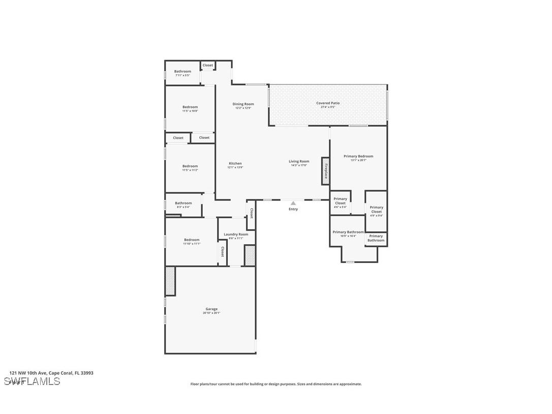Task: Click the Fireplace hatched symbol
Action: (325, 171)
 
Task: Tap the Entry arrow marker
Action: (293, 203)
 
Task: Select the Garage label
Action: (211, 309)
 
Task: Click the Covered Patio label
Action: (328, 103)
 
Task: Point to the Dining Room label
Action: (243, 104)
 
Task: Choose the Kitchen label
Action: (235, 164)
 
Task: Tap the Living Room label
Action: (299, 162)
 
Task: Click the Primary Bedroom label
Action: (358, 157)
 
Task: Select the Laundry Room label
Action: (236, 234)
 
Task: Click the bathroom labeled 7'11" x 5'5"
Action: (182, 75)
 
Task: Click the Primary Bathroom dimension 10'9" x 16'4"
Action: (348, 236)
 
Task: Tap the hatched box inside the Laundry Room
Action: (250, 255)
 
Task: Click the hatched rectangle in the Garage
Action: (170, 281)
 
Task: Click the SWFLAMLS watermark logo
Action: (32, 381)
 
